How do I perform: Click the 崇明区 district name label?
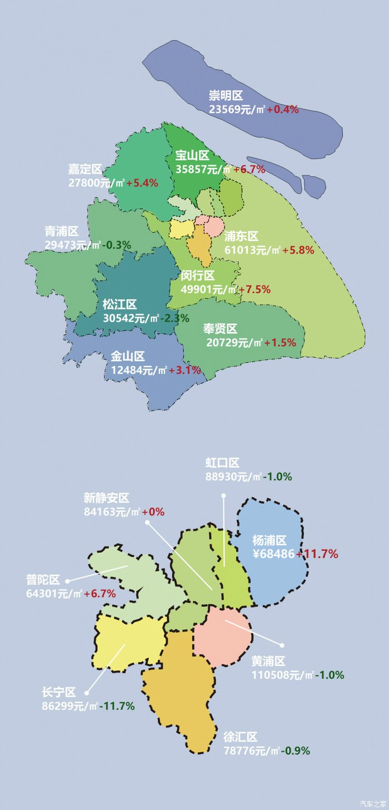tap(226, 96)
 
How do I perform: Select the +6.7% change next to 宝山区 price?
tap(249, 170)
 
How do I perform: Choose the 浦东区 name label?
tap(241, 236)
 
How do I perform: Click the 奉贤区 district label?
tap(220, 329)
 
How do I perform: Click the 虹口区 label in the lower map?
tap(222, 463)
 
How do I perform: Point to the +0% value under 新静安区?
tap(153, 512)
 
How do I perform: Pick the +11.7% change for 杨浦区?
tap(317, 554)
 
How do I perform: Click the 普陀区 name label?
tap(43, 580)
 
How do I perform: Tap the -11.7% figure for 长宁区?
tap(117, 706)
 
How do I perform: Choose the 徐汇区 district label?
tap(240, 737)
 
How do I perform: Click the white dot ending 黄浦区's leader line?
tap(282, 645)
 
